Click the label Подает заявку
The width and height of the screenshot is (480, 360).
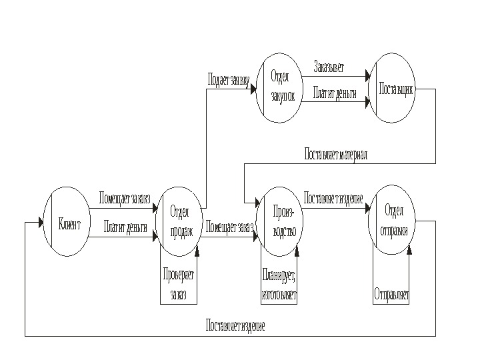[229, 81]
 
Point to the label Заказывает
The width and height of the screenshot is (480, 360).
[330, 67]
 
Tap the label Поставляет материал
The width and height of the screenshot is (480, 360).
[335, 154]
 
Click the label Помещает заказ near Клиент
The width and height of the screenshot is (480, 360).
[125, 198]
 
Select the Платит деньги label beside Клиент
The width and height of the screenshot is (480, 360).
[125, 227]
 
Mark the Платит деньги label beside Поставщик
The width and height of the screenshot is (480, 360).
[335, 93]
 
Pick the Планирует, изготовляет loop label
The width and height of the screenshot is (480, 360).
[280, 286]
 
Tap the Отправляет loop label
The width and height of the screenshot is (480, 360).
[391, 293]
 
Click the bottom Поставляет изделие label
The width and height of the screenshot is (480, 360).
[235, 326]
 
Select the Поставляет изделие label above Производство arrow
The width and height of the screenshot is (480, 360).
[333, 199]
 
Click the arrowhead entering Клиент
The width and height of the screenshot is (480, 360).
[28, 223]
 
